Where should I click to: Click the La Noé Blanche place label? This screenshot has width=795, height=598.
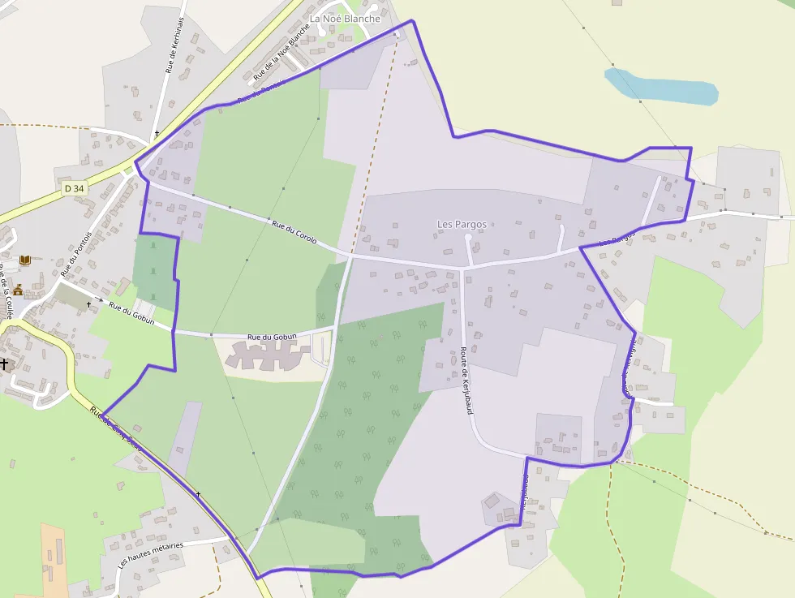click(x=345, y=19)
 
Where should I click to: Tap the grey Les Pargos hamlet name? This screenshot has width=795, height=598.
click(x=462, y=224)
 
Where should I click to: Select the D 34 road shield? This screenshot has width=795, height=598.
click(x=73, y=188)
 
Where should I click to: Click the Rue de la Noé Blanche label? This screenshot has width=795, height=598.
click(x=281, y=50)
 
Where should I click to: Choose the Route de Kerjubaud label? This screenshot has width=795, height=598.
click(x=466, y=380)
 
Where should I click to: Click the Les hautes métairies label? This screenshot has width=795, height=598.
click(x=151, y=555)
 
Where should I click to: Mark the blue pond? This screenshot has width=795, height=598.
click(x=661, y=86)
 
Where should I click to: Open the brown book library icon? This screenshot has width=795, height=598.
click(x=25, y=260)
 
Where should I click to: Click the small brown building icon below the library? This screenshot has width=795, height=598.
click(x=18, y=290)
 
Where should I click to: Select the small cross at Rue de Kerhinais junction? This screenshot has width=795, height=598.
click(x=157, y=133)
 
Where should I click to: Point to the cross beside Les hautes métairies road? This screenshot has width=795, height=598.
click(x=198, y=494)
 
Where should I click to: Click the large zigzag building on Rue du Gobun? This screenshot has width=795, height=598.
click(x=267, y=354)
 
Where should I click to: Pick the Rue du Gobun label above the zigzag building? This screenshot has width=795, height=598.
click(x=272, y=336)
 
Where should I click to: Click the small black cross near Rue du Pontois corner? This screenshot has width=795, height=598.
click(x=88, y=303)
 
